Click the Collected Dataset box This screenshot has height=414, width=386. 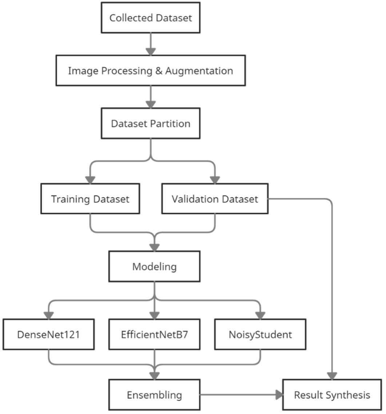[150, 18]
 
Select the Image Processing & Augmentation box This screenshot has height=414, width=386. [150, 70]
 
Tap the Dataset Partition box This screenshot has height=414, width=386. [150, 123]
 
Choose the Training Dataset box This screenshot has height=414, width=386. [90, 199]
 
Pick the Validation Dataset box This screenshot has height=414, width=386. [215, 199]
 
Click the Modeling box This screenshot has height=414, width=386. [154, 266]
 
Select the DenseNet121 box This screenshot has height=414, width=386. [48, 334]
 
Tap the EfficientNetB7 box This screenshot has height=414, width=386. [154, 334]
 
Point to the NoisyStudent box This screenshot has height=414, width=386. [260, 334]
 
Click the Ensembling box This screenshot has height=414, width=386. [154, 395]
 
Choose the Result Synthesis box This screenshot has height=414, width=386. [332, 395]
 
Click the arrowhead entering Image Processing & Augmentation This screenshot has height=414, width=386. [150, 51]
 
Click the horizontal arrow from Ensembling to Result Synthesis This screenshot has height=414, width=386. [240, 395]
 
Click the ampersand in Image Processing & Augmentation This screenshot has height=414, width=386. [159, 71]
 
